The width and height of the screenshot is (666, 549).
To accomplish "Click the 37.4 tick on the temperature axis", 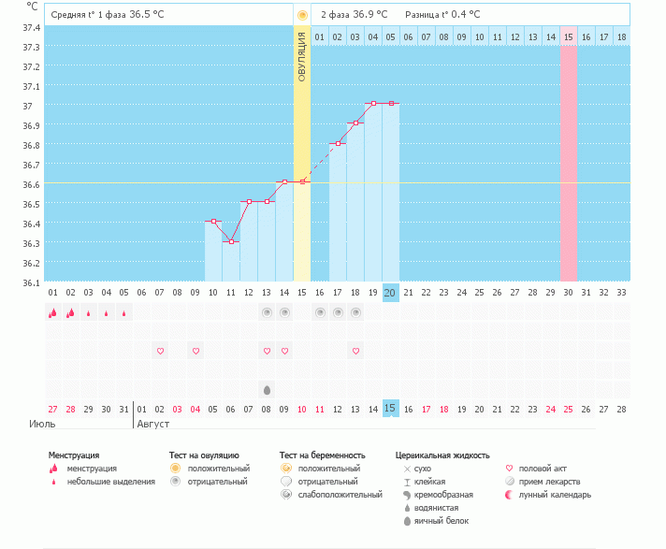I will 31,27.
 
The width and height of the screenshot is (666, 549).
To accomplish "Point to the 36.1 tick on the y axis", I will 31,282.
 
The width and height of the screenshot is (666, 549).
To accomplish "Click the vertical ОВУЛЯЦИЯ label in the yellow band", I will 302,56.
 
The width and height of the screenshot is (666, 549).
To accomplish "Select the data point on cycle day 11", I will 231,241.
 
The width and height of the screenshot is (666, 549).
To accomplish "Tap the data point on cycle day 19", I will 373,103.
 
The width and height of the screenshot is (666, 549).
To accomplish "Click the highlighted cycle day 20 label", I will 391,293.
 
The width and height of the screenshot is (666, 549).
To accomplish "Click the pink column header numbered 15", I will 569,36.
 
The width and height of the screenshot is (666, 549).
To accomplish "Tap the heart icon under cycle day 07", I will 160,351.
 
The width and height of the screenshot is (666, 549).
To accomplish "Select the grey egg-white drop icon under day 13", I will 267,389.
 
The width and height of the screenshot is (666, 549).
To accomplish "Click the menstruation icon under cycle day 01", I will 53,312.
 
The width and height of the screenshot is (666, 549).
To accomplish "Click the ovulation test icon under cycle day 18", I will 355,312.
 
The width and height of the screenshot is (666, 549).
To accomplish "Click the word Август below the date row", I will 154,424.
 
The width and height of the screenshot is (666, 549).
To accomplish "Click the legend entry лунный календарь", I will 553,494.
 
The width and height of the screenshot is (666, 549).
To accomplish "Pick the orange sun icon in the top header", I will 302,15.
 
